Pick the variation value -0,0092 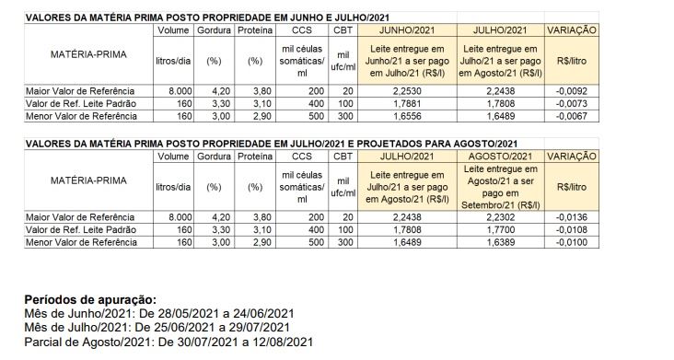tap(571, 91)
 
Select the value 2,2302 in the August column tap(500, 217)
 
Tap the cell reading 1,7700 tap(500, 229)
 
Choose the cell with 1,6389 tap(500, 241)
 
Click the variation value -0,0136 tap(571, 217)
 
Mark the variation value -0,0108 tap(571, 229)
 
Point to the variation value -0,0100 tap(571, 241)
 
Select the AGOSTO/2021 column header tap(500, 157)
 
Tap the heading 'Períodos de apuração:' tap(90, 300)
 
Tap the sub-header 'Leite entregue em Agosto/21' tap(500, 188)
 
